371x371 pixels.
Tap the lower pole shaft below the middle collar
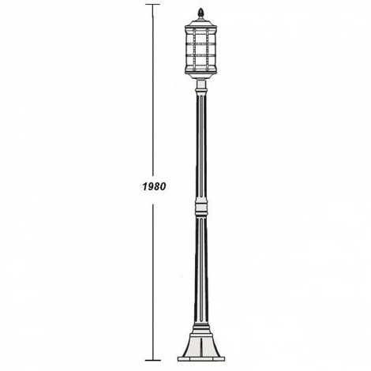tap(200, 268)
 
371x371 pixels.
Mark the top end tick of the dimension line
tap(152, 5)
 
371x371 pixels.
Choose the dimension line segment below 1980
tap(152, 276)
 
